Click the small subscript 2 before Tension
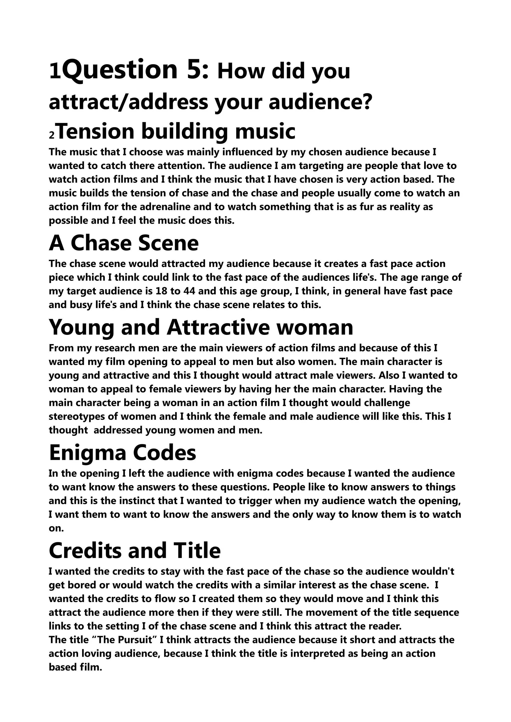pos(52,135)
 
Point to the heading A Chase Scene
pos(124,243)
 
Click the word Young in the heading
pos(81,327)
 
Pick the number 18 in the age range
pos(161,291)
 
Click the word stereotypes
pos(81,417)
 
